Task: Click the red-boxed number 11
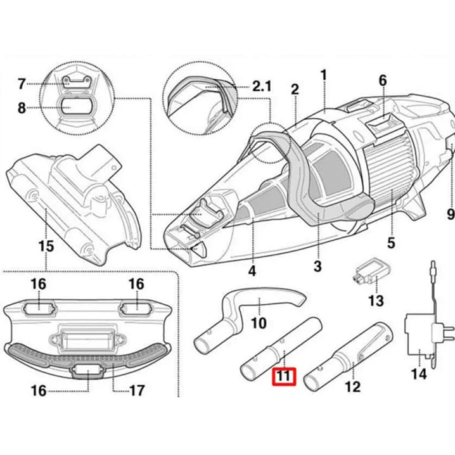click(x=284, y=376)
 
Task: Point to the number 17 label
click(x=136, y=390)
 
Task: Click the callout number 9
click(x=450, y=215)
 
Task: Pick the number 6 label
click(x=382, y=80)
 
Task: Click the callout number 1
click(x=323, y=74)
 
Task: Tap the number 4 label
click(x=252, y=271)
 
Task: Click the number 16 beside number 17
click(x=39, y=390)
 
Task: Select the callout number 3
click(x=317, y=266)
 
